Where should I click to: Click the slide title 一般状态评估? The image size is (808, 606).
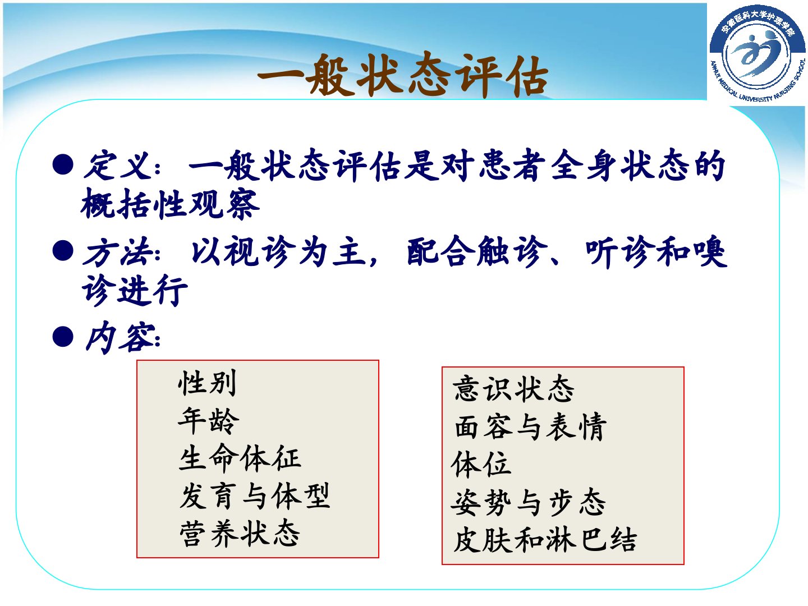[403, 76]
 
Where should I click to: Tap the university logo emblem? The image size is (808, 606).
[757, 54]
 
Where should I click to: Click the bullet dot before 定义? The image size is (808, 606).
[63, 164]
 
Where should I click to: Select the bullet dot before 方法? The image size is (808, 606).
[63, 251]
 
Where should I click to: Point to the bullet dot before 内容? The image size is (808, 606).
[63, 336]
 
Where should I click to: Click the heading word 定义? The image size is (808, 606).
[118, 166]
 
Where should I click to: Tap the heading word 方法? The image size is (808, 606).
[118, 252]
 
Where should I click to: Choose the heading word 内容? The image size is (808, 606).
[118, 337]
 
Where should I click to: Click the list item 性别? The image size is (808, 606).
[207, 383]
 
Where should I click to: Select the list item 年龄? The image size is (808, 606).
[208, 421]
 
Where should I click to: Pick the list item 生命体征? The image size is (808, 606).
[240, 458]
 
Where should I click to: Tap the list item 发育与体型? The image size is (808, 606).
[255, 496]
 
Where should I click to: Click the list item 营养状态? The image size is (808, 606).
[240, 534]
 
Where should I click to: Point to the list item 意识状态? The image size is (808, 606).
[513, 389]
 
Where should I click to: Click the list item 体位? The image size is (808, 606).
[481, 465]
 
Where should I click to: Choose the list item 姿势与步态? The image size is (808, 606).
[528, 502]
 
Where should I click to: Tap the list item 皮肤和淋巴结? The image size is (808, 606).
[545, 540]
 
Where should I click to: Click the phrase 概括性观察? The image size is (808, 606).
[171, 204]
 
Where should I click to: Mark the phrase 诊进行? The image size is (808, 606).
[135, 290]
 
